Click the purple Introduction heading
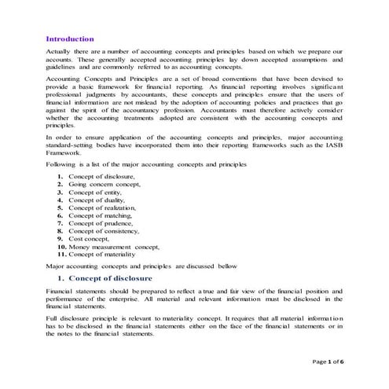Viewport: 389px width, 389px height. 70,39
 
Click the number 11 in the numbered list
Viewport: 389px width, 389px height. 61,255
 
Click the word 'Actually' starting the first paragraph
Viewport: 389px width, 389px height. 60,51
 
